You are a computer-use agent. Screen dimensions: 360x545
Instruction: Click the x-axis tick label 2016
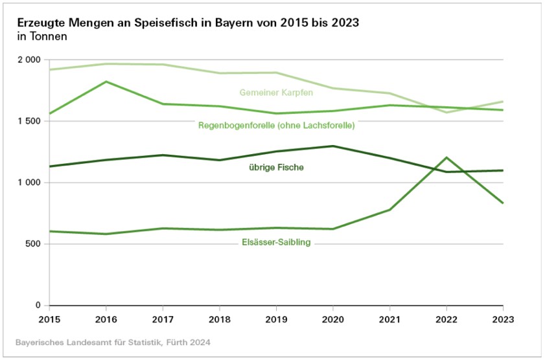106,319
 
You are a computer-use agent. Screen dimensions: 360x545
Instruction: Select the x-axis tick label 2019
276,319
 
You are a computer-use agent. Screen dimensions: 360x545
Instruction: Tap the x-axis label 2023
503,319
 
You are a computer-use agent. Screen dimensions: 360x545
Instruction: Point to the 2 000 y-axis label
28,60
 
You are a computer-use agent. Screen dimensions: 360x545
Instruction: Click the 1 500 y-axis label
28,121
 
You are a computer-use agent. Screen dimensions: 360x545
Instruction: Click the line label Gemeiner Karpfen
276,93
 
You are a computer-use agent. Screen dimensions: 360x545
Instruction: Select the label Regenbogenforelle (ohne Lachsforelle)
276,126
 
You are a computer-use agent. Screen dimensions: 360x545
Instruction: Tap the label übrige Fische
277,168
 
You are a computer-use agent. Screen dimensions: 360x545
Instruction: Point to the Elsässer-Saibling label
276,243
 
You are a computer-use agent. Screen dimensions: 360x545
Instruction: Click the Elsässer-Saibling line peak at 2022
446,157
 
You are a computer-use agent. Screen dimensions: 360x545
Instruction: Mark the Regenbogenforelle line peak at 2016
106,82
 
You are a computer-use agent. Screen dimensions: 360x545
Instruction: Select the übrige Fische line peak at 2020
333,146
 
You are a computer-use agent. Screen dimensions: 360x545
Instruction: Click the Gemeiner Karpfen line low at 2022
446,113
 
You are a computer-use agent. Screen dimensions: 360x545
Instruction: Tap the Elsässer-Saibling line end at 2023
503,203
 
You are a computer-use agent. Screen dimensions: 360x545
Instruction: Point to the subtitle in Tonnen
42,37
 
